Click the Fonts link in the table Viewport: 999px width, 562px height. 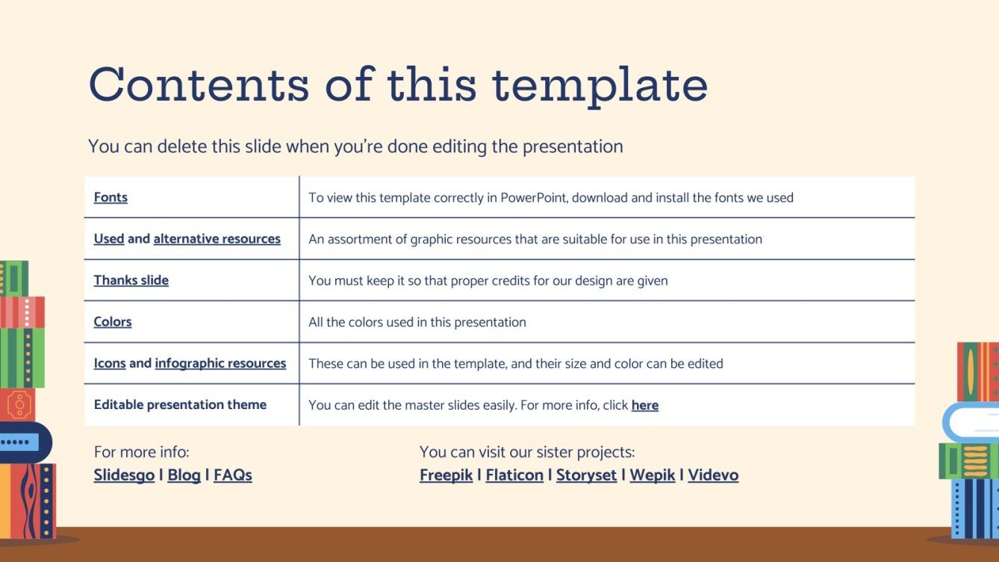[111, 198]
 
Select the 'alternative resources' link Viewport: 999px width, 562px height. [217, 240]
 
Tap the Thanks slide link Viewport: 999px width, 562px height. [131, 281]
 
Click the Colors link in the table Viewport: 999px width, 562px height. [113, 322]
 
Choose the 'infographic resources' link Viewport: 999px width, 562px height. [220, 363]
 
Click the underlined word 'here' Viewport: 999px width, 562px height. [644, 406]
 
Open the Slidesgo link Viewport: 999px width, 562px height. [124, 475]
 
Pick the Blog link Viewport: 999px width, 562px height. [184, 475]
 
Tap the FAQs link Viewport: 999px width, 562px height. [233, 475]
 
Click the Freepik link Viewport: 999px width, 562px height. [446, 475]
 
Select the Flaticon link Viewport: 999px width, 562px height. [514, 475]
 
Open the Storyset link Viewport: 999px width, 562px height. [586, 475]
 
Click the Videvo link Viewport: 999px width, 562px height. [713, 475]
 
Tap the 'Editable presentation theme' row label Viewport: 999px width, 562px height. [180, 405]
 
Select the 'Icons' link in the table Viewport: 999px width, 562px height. [110, 363]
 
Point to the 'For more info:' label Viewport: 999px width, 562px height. [142, 452]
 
